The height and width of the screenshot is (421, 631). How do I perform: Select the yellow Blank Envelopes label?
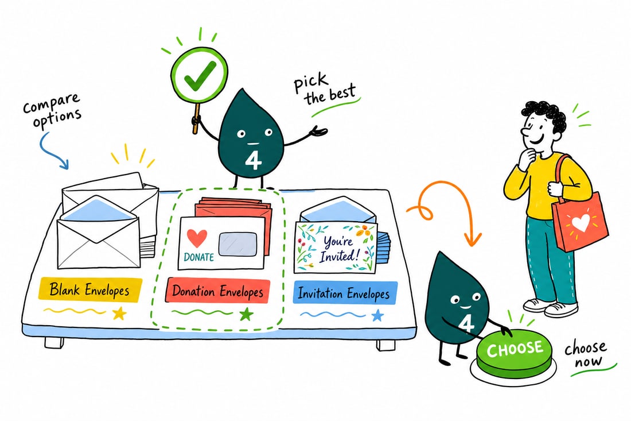(90, 289)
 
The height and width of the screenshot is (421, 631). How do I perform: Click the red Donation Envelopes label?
(217, 291)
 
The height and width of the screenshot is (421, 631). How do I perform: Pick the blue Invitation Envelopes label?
(345, 293)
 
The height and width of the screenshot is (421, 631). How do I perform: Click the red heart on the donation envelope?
(197, 238)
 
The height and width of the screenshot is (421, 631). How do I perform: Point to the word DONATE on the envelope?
(199, 257)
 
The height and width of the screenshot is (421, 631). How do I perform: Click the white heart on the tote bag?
(581, 222)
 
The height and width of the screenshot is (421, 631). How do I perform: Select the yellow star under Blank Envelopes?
(119, 312)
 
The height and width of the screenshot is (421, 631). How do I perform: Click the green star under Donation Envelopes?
(246, 314)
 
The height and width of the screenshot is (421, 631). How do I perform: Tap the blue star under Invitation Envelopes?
(377, 315)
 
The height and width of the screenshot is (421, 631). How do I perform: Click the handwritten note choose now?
(586, 354)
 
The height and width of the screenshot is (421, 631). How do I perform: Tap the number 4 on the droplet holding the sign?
(253, 161)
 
